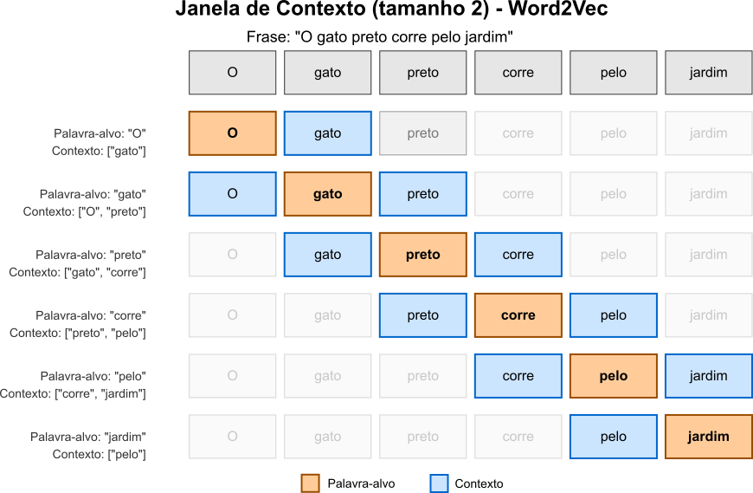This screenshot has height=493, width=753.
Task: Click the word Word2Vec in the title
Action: [x=558, y=9]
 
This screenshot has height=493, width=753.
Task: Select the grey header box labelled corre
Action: [x=518, y=73]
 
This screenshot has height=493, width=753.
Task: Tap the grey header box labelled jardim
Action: [x=708, y=73]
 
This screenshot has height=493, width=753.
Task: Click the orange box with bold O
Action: [x=233, y=133]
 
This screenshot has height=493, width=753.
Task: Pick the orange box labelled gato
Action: [x=327, y=194]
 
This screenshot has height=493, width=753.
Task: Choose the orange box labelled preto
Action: [x=423, y=255]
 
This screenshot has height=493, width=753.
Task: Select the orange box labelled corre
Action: [x=518, y=315]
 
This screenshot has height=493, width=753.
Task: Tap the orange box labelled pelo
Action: [x=614, y=376]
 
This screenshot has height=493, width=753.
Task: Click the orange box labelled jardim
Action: [x=708, y=437]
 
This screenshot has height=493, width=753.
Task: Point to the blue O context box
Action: [x=233, y=194]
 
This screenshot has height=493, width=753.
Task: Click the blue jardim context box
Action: [x=708, y=376]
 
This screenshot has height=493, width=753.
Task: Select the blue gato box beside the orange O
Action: [x=327, y=133]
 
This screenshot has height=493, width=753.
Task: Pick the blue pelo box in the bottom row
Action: [x=614, y=437]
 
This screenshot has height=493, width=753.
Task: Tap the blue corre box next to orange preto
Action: [x=518, y=255]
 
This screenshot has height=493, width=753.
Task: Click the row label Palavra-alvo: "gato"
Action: [x=93, y=194]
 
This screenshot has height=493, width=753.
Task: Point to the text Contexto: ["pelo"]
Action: [x=99, y=454]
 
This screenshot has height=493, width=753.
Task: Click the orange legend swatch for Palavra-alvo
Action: [x=310, y=483]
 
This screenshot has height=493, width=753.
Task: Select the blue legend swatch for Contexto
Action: [x=439, y=483]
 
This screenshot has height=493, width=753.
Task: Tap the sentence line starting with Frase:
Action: [x=380, y=37]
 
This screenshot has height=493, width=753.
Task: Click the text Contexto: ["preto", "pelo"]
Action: [x=78, y=333]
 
